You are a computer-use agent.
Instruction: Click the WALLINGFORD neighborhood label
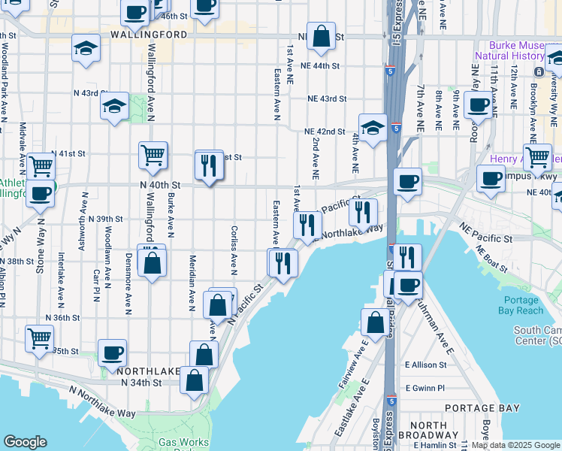(x=149, y=35)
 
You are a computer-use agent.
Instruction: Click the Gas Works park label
(x=183, y=443)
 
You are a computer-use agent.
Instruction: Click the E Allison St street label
(x=425, y=365)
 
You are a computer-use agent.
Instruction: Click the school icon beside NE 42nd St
(x=372, y=129)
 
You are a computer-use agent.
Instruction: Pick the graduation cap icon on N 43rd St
(x=114, y=106)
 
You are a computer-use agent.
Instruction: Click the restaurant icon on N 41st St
(x=209, y=164)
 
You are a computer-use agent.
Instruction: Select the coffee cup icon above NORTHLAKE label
(x=112, y=353)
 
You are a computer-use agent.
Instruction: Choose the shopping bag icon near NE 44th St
(x=321, y=37)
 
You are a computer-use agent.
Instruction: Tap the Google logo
(x=26, y=442)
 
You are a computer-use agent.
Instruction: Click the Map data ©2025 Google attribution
(x=513, y=445)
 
